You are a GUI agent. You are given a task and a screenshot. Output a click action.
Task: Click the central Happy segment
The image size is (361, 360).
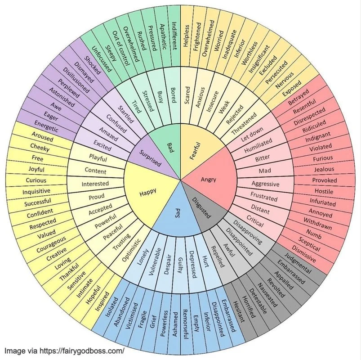(x=148, y=193)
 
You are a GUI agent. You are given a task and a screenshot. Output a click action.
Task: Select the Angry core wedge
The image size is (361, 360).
(x=208, y=179)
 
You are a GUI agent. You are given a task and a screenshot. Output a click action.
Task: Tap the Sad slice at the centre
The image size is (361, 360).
(x=178, y=211)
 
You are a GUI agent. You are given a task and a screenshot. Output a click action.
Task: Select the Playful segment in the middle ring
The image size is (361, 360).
(x=98, y=157)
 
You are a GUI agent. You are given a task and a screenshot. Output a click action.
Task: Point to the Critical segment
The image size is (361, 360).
(x=255, y=221)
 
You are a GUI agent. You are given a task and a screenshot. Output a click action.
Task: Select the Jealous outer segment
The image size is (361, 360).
(x=324, y=169)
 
